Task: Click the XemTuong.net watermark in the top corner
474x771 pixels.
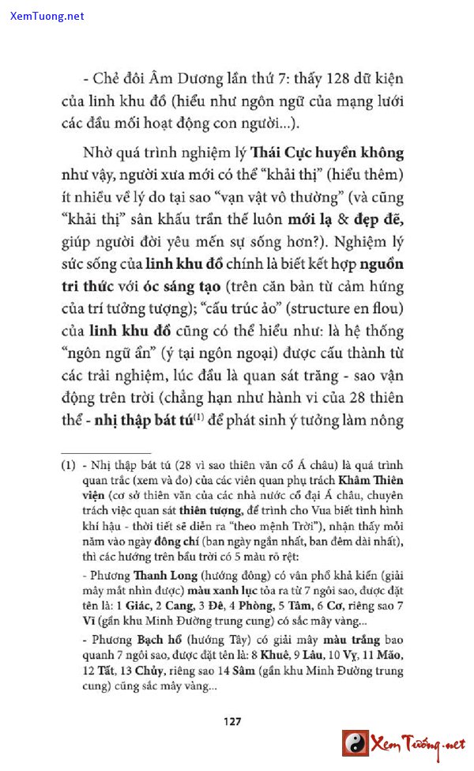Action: click(47, 16)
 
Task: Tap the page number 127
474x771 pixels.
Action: click(231, 720)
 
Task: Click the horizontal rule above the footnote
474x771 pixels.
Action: click(94, 452)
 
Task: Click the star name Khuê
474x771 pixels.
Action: click(261, 656)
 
